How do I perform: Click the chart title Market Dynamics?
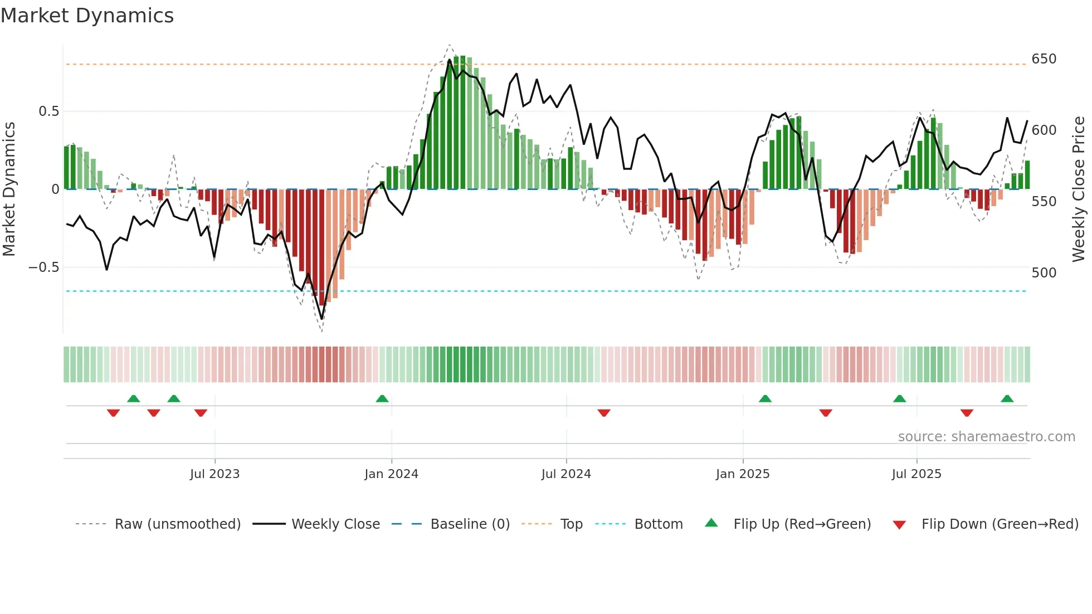point(87,16)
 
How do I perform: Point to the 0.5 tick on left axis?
point(48,111)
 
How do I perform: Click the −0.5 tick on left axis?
point(44,267)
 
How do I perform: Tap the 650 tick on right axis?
point(1044,59)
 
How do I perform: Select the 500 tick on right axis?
point(1044,273)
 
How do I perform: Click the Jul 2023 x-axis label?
point(214,474)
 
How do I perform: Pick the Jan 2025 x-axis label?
point(742,474)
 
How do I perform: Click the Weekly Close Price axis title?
point(1079,189)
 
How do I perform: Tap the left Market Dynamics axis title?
point(9,189)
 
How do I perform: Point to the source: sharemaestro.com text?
point(986,437)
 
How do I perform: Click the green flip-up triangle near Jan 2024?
point(382,399)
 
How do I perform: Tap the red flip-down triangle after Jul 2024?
point(604,413)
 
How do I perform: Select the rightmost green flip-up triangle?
point(1007,399)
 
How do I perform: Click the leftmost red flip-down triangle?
point(113,413)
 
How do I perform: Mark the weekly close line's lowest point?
point(321,319)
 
